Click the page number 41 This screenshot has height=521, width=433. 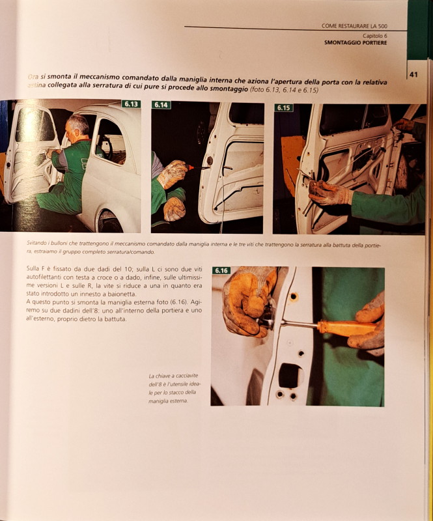pyautogui.click(x=413, y=75)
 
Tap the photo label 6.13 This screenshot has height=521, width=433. pyautogui.click(x=130, y=104)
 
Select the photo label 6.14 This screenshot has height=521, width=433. pyautogui.click(x=161, y=105)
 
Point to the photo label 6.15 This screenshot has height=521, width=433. pyautogui.click(x=283, y=108)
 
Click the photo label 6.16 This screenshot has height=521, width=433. pyautogui.click(x=221, y=270)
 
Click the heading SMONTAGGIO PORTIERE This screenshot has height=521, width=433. pyautogui.click(x=355, y=43)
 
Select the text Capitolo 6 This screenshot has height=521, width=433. pyautogui.click(x=374, y=35)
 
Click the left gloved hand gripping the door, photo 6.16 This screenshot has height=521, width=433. pyautogui.click(x=244, y=303)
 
